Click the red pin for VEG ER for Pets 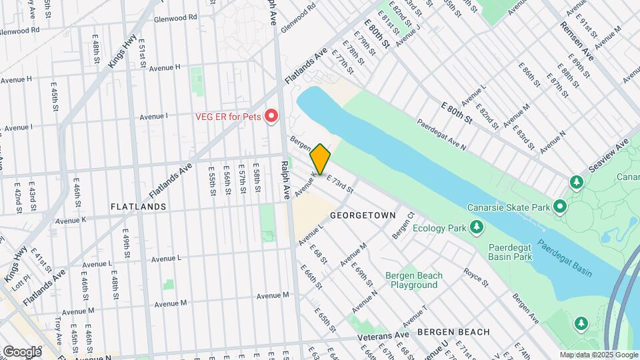pyautogui.click(x=271, y=117)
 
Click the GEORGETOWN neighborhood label pyautogui.click(x=363, y=216)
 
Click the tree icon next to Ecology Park pyautogui.click(x=476, y=229)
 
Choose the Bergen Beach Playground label pyautogui.click(x=413, y=280)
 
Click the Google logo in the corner pyautogui.click(x=22, y=351)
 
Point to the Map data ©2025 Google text pyautogui.click(x=598, y=355)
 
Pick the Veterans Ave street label pyautogui.click(x=383, y=335)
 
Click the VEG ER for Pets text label pyautogui.click(x=227, y=117)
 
